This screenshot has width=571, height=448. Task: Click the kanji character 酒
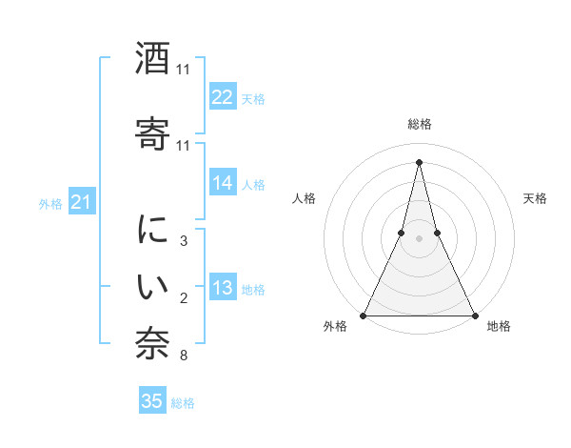click(x=153, y=59)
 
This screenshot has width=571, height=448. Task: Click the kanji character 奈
click(x=153, y=344)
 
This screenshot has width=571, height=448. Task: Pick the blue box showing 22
click(x=223, y=97)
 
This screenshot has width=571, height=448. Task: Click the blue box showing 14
click(x=223, y=183)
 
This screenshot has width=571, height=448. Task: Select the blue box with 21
click(x=82, y=201)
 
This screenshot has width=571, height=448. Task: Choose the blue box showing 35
click(x=152, y=401)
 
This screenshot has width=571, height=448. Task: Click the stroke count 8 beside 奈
click(x=183, y=356)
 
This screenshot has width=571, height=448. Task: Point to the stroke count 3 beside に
click(x=183, y=242)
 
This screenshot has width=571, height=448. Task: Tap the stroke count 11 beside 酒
click(x=183, y=70)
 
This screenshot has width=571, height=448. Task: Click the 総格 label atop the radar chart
click(x=420, y=124)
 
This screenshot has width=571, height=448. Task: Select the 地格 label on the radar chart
click(x=499, y=327)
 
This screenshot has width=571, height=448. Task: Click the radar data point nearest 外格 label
click(x=364, y=315)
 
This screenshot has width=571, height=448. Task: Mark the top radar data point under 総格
click(x=420, y=161)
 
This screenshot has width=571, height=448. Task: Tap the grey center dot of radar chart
click(x=420, y=238)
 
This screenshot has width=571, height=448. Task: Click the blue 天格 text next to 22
click(x=253, y=98)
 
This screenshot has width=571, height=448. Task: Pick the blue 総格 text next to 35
click(x=183, y=403)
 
